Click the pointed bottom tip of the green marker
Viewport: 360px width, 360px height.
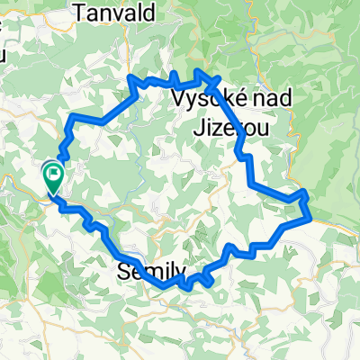[x=52, y=194]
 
